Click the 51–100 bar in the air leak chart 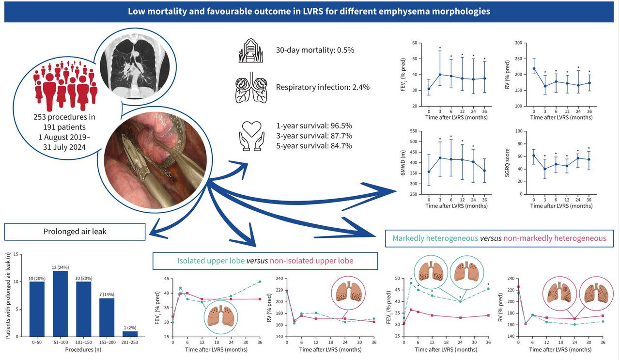tap(61, 303)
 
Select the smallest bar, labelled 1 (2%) tap(130, 334)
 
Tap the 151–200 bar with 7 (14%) tap(107, 317)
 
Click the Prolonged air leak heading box tap(75, 232)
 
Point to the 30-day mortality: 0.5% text tap(315, 50)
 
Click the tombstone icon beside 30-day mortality tap(250, 50)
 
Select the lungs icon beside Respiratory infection tap(251, 88)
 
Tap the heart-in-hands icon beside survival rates tap(251, 136)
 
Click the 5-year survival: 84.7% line tap(314, 146)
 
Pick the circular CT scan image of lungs tap(135, 66)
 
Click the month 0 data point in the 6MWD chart tap(429, 172)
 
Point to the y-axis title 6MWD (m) tap(403, 163)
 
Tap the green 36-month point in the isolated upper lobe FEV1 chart tap(260, 282)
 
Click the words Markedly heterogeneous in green tap(435, 238)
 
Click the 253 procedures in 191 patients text tap(64, 122)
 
